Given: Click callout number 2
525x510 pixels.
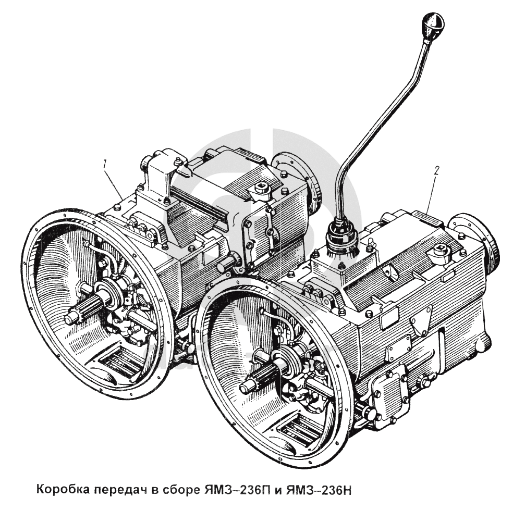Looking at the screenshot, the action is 436,169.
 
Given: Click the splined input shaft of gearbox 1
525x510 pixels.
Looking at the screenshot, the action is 83,310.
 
